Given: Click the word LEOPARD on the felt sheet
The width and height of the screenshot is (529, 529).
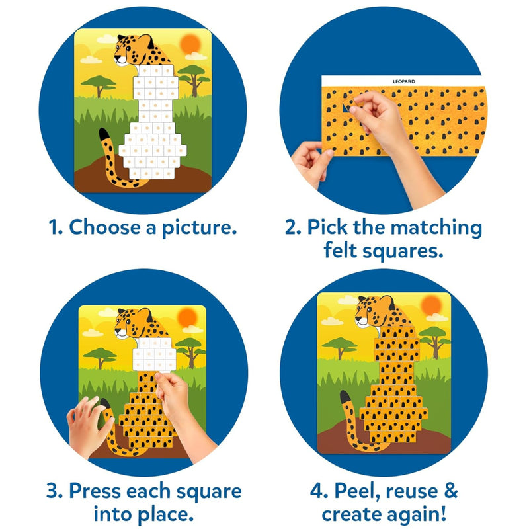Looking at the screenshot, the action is [404, 81].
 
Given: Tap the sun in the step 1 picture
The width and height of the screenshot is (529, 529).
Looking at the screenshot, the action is [190, 44].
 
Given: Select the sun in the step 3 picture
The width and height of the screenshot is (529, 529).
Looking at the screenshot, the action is [187, 317].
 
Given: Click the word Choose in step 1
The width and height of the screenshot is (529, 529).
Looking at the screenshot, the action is [104, 227].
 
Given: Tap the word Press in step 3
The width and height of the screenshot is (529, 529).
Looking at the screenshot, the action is [94, 491].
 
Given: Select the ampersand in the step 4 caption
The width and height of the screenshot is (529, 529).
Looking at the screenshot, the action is [451, 491].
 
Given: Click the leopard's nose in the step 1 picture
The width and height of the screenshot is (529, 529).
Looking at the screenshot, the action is [116, 58].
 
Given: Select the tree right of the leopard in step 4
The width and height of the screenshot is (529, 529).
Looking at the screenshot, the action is [434, 341].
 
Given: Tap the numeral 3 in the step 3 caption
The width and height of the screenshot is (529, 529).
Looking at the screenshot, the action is [54, 491].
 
